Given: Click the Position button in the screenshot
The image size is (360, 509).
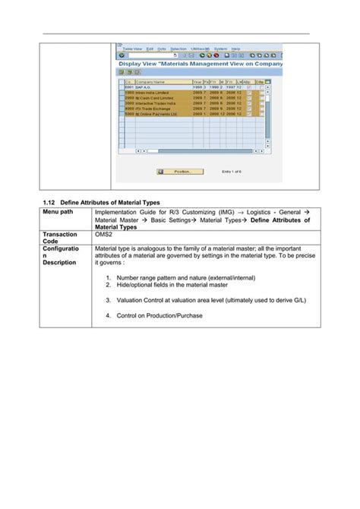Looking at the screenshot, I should pyautogui.click(x=174, y=172).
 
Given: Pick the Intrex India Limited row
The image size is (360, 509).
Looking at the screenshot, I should pyautogui.click(x=149, y=93).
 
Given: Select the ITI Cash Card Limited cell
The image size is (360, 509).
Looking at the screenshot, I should pyautogui.click(x=150, y=99).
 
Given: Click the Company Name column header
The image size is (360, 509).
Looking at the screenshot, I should pyautogui.click(x=150, y=82).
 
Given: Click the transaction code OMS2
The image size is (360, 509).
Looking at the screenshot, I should pyautogui.click(x=104, y=236).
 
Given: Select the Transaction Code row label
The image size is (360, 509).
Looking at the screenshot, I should pyautogui.click(x=62, y=239).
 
